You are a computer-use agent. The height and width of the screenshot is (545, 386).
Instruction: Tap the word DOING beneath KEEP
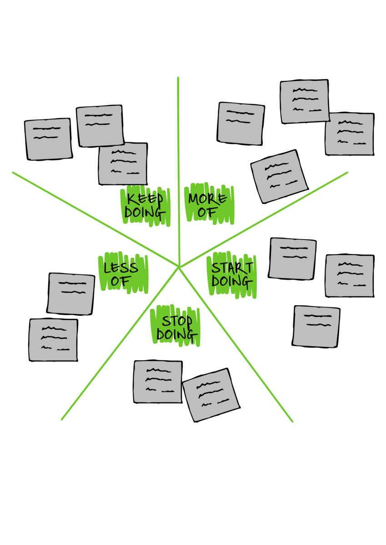coord(145,213)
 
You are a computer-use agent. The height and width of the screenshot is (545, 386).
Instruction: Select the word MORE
coord(208,199)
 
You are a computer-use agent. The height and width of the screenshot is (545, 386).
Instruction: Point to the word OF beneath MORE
coord(208,212)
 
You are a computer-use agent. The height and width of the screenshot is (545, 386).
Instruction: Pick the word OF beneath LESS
coord(120,282)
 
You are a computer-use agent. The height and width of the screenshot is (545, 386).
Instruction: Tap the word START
coord(232,268)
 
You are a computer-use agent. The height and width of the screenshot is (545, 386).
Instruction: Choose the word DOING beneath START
coord(232,282)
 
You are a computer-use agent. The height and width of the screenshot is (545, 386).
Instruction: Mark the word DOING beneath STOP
coord(177,335)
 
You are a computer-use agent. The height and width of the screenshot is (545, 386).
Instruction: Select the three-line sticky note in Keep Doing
coord(123,163)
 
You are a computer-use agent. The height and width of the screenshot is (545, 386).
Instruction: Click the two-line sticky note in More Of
coord(241,124)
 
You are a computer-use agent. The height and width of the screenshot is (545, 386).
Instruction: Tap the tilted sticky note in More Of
coord(279,176)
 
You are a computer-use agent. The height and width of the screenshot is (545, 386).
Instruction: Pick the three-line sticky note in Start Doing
coord(350,276)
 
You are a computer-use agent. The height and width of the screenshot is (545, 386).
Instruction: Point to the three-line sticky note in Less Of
coord(53,340)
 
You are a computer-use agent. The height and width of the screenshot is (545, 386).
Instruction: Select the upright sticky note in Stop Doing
coord(158,381)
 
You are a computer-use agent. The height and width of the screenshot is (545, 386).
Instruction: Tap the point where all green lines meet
coord(179,267)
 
